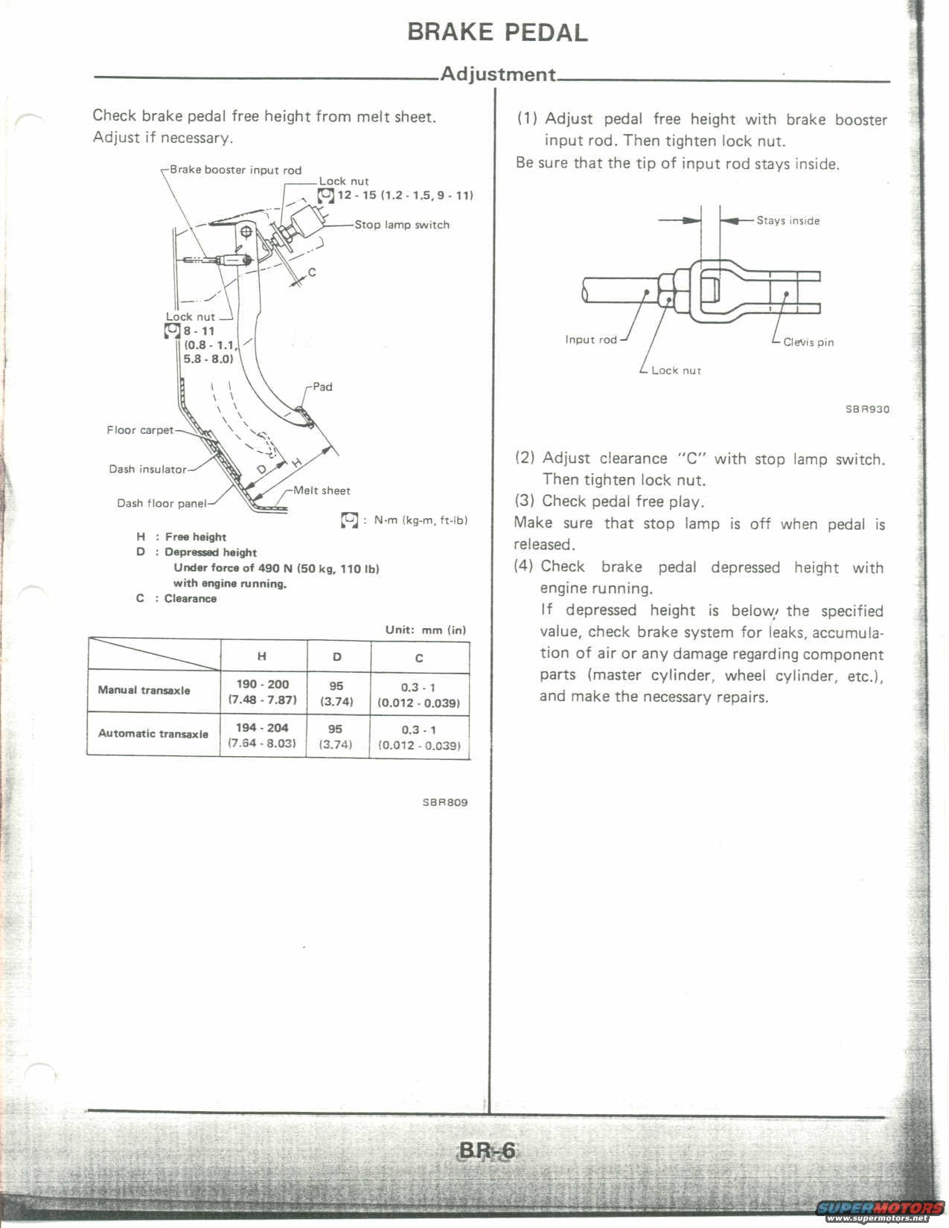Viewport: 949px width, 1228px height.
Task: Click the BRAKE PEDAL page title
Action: tap(497, 32)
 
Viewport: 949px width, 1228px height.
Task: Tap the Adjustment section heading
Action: tap(497, 74)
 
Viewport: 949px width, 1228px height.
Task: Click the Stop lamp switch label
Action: tap(402, 224)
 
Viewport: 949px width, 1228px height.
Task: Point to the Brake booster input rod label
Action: tap(235, 170)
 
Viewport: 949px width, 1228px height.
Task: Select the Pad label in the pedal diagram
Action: tap(322, 386)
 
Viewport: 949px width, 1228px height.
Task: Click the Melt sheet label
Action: tap(322, 490)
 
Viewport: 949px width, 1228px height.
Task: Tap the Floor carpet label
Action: tap(140, 429)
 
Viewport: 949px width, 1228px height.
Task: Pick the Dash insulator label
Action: tap(147, 469)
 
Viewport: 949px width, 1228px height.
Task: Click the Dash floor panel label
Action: tap(162, 503)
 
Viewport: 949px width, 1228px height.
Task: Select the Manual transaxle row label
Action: tap(144, 690)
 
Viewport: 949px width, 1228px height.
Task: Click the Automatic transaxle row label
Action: tap(153, 733)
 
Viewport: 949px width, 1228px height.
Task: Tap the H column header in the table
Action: tap(262, 656)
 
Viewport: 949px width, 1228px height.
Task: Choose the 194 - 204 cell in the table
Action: tap(262, 727)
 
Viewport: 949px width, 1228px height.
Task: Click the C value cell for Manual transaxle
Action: tap(419, 694)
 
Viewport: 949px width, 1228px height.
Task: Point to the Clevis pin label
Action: tap(808, 342)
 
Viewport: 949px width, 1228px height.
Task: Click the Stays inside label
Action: tap(787, 220)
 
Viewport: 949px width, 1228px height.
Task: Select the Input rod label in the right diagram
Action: tap(591, 339)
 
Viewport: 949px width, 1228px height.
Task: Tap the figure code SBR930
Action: tap(867, 409)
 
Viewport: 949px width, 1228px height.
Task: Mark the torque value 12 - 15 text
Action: tap(357, 195)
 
